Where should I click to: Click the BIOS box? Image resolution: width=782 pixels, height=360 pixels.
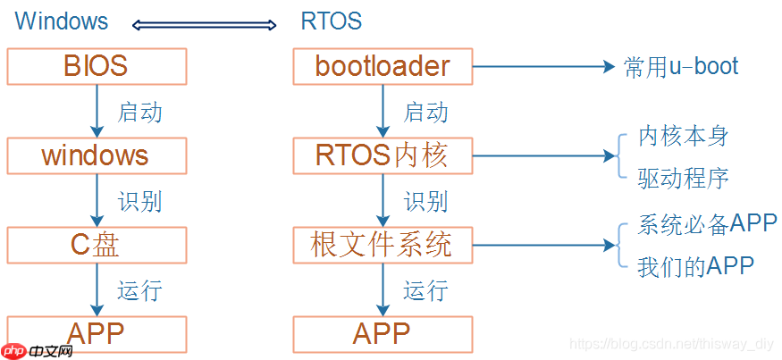point(96,66)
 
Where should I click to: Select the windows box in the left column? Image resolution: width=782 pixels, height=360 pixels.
point(96,155)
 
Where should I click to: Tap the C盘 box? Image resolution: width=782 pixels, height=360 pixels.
point(96,245)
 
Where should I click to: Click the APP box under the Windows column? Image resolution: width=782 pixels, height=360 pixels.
point(96,333)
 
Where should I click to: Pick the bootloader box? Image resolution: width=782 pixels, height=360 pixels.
point(383,66)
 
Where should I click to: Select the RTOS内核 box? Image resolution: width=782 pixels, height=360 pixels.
point(383,155)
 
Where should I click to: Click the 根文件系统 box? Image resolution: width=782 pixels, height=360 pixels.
point(383,245)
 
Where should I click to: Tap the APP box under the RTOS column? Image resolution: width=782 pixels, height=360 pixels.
point(383,333)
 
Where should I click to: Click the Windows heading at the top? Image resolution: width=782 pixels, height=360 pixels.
point(62,21)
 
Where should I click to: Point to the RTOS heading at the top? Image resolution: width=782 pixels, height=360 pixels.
point(331,21)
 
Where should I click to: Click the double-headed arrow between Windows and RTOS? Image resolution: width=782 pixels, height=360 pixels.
point(204,24)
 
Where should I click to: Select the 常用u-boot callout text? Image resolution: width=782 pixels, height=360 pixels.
point(681,67)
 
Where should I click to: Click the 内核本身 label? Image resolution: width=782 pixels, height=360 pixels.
point(684,136)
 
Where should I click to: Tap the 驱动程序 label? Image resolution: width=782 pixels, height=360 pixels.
point(684,178)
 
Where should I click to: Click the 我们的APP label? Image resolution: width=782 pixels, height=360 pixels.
point(695,266)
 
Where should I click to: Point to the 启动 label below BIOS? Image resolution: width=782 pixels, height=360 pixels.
point(139,113)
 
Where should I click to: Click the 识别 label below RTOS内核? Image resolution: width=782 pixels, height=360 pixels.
point(425,202)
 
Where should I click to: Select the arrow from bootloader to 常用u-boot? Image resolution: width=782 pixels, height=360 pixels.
point(545,67)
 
